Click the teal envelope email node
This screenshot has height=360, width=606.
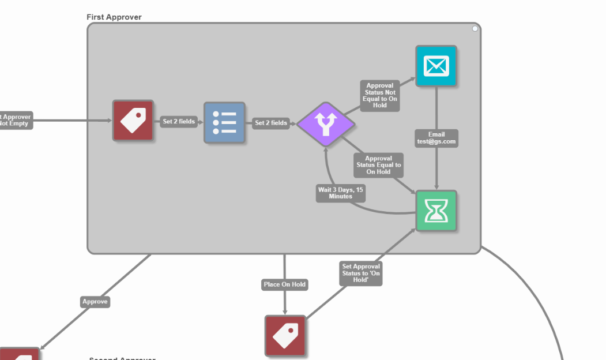pyautogui.click(x=436, y=66)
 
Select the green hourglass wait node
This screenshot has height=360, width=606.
pyautogui.click(x=436, y=211)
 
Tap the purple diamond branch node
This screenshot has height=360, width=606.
pyautogui.click(x=326, y=123)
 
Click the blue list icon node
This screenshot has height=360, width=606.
pyautogui.click(x=224, y=122)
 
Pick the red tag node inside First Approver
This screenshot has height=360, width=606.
pyautogui.click(x=133, y=121)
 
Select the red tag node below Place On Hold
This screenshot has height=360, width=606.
pyautogui.click(x=285, y=335)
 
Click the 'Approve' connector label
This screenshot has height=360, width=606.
pyautogui.click(x=95, y=302)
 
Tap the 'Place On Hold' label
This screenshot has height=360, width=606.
pyautogui.click(x=284, y=284)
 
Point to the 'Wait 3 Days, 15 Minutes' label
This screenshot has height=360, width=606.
pyautogui.click(x=341, y=193)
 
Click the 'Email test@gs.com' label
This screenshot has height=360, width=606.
pyautogui.click(x=436, y=138)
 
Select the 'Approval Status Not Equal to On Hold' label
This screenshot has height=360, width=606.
pyautogui.click(x=379, y=95)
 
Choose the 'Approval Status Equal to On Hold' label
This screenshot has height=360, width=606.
pyautogui.click(x=378, y=165)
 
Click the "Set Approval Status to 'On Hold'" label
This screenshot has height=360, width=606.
pyautogui.click(x=361, y=273)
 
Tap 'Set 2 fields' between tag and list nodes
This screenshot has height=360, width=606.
pyautogui.click(x=179, y=122)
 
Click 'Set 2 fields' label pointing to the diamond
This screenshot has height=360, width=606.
pyautogui.click(x=271, y=123)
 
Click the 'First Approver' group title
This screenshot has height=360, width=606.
pyautogui.click(x=114, y=17)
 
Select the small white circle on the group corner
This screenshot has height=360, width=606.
pyautogui.click(x=475, y=28)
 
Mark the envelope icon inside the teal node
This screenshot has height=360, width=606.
pyautogui.click(x=436, y=66)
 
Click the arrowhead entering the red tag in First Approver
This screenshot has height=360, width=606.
pyautogui.click(x=109, y=121)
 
